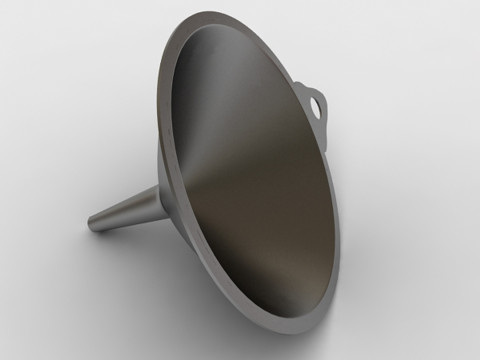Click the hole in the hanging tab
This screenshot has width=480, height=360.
(x=318, y=102)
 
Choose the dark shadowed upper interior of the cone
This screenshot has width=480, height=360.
(x=220, y=80)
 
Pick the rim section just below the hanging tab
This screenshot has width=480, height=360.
(x=322, y=135)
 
